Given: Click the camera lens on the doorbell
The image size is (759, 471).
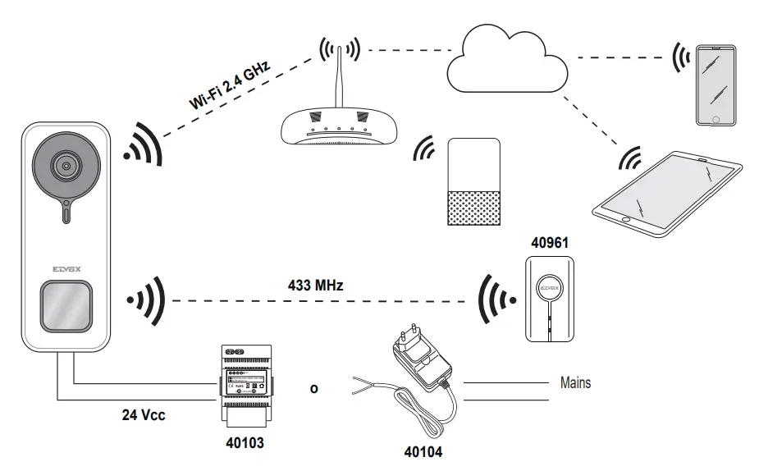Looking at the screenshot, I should (x=64, y=164).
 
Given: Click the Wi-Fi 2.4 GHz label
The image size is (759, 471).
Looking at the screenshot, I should (x=231, y=85).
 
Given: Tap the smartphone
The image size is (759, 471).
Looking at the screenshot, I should (x=717, y=85).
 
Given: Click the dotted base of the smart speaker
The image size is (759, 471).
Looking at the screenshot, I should (x=473, y=206).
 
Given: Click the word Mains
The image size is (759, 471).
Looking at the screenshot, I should (x=575, y=382).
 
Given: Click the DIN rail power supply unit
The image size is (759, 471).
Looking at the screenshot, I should (x=244, y=385).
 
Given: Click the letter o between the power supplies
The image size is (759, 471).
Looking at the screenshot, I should (x=313, y=389).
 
